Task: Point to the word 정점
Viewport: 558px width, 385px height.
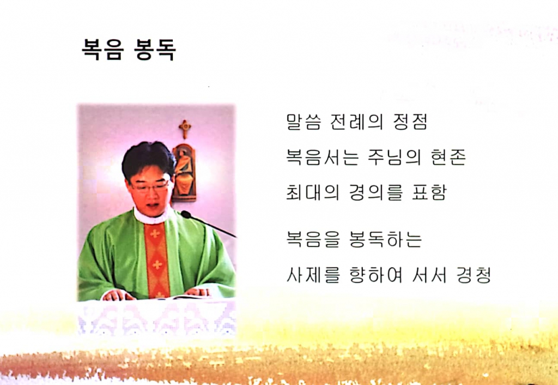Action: tap(409, 121)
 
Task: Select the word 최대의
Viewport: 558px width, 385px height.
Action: tap(312, 193)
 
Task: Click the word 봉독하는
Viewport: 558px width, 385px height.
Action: tap(385, 239)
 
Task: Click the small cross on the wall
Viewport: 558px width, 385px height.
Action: tap(185, 128)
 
